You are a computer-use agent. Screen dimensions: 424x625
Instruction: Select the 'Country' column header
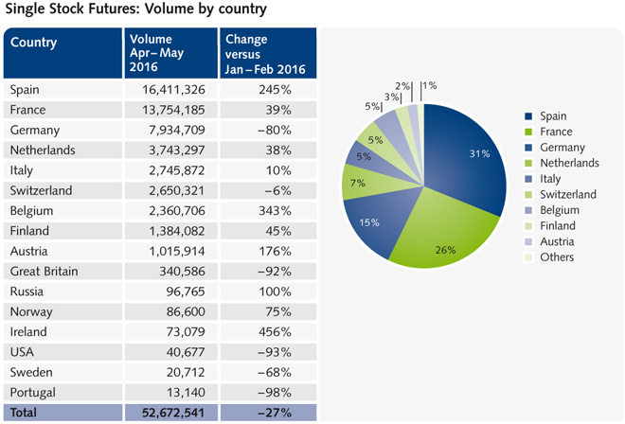(x=34, y=43)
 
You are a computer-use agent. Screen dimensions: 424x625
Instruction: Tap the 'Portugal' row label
(x=33, y=392)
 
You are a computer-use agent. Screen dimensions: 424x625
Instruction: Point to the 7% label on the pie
(x=358, y=181)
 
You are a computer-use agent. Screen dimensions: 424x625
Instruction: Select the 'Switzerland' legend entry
(x=567, y=195)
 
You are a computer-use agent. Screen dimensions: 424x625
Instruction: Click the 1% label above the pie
(x=431, y=85)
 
